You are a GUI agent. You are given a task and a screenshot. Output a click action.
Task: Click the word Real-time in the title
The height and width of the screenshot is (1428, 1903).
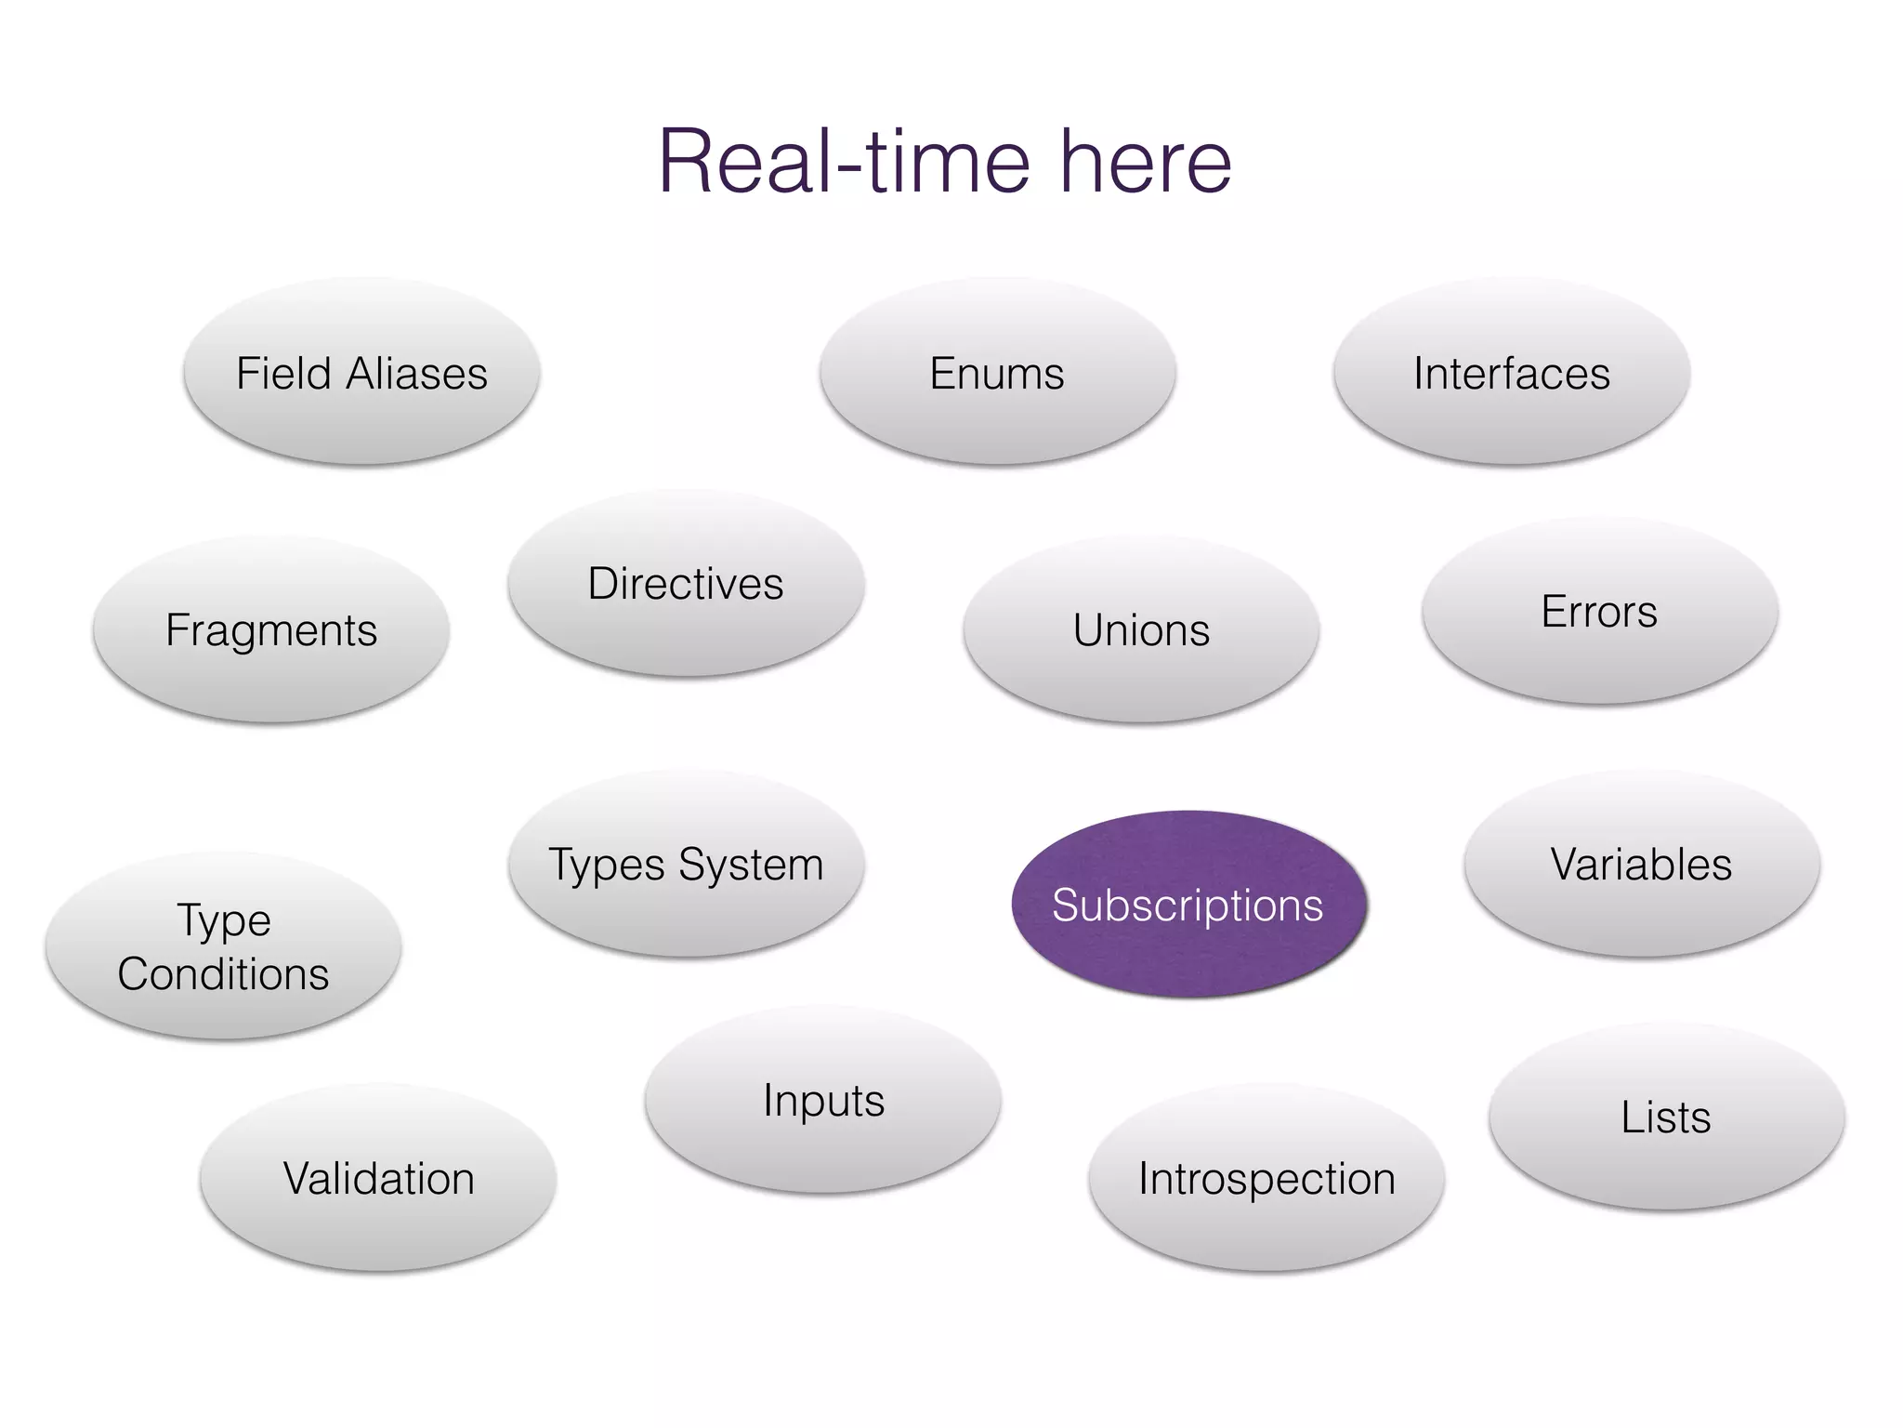pyautogui.click(x=844, y=162)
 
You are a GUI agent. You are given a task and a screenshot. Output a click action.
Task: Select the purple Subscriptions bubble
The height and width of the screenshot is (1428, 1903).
pyautogui.click(x=1188, y=905)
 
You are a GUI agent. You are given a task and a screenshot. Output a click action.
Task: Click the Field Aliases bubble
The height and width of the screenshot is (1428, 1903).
pyautogui.click(x=361, y=372)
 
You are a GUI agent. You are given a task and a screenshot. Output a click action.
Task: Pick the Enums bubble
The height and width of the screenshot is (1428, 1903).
pyautogui.click(x=997, y=372)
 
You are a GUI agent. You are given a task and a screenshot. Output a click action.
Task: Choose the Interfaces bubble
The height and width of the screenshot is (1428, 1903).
pyautogui.click(x=1511, y=372)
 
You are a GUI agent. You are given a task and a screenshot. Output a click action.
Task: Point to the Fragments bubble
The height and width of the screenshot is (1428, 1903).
pyautogui.click(x=271, y=629)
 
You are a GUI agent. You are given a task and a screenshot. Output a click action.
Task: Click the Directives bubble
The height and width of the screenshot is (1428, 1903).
pyautogui.click(x=686, y=583)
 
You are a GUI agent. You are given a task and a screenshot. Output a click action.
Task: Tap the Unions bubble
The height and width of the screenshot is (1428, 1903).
pyautogui.click(x=1141, y=629)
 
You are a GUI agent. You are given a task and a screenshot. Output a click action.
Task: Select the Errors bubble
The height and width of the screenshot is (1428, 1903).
pyautogui.click(x=1599, y=611)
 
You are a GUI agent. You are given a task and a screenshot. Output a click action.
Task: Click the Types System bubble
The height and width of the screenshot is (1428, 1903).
pyautogui.click(x=686, y=864)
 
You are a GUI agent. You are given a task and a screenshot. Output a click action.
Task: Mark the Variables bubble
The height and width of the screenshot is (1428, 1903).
pyautogui.click(x=1641, y=864)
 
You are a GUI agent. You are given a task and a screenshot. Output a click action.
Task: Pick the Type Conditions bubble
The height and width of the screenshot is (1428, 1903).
pyautogui.click(x=223, y=945)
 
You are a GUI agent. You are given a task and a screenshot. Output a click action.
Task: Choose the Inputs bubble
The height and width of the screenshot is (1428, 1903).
pyautogui.click(x=823, y=1100)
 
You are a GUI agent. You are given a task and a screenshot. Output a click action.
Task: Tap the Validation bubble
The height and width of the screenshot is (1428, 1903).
pyautogui.click(x=378, y=1178)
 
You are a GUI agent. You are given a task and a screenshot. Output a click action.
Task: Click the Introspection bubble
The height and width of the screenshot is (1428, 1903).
pyautogui.click(x=1266, y=1178)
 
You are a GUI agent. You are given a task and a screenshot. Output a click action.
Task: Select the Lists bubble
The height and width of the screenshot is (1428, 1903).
pyautogui.click(x=1666, y=1117)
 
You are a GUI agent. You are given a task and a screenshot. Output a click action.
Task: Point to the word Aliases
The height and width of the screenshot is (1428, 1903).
pyautogui.click(x=416, y=374)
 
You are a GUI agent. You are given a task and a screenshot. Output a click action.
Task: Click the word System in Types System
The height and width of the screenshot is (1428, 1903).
pyautogui.click(x=751, y=865)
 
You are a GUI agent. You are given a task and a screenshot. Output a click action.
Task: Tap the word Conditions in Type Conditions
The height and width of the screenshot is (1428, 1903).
pyautogui.click(x=223, y=974)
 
